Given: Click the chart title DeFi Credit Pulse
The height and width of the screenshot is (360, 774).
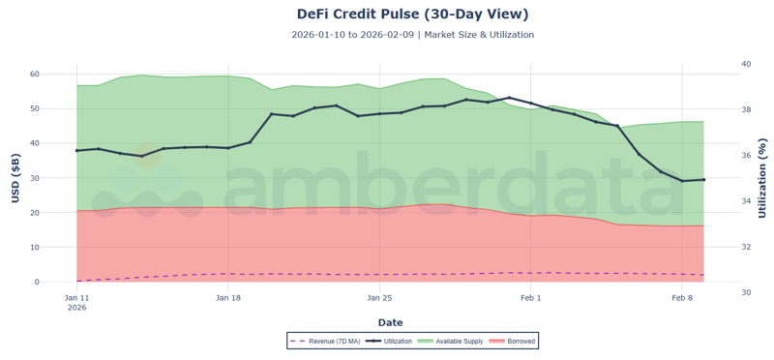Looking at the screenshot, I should point(412,15).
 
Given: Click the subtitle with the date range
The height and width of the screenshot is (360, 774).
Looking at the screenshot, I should point(412,35).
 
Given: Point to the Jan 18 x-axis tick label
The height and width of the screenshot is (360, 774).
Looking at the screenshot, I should point(228,298).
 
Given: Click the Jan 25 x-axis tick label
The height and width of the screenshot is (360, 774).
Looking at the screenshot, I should point(379,298).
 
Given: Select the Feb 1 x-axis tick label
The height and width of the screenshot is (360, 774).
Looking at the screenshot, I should point(531,298).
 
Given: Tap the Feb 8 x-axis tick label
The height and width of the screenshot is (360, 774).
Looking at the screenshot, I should point(682,298).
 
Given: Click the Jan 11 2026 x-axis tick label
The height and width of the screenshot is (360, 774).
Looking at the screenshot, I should point(76,302).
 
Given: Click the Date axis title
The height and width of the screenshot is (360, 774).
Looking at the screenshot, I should point(391,322).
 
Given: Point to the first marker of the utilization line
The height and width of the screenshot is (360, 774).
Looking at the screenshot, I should point(77,150).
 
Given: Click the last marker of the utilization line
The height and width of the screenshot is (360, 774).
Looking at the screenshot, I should point(703,179).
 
